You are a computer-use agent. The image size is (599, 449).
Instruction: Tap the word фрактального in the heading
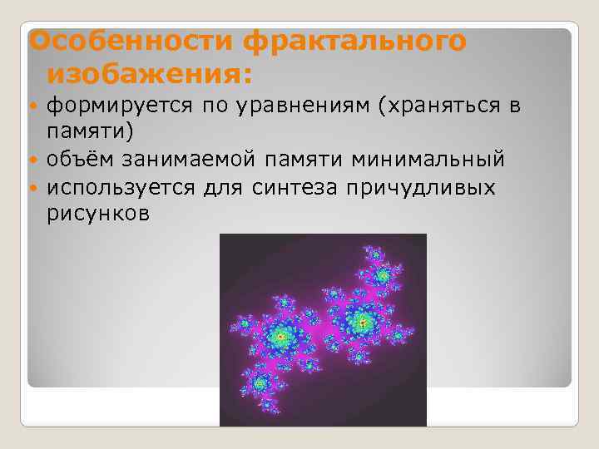[355, 42]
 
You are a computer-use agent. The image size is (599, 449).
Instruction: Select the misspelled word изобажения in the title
[148, 75]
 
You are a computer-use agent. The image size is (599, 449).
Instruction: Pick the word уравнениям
[279, 106]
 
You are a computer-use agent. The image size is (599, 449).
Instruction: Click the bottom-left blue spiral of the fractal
[259, 383]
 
